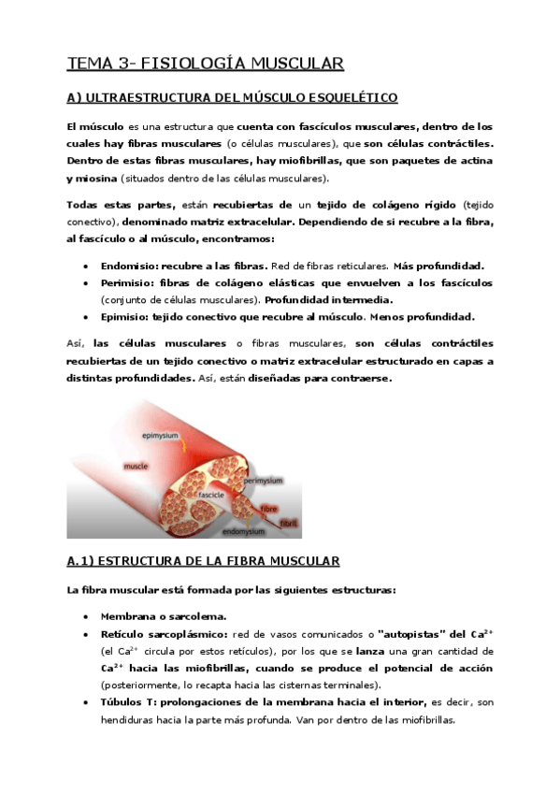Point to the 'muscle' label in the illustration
tap(136, 465)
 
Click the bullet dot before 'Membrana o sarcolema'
tap(86, 617)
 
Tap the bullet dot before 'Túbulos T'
tap(86, 702)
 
